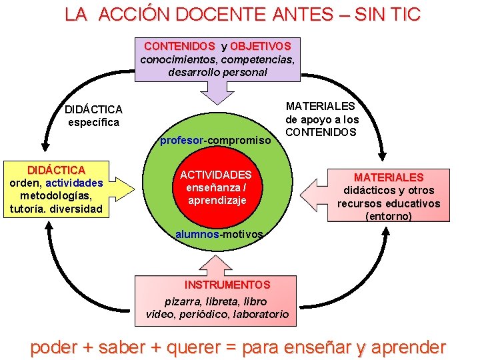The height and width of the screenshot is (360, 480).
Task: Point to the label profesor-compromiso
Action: point(215,140)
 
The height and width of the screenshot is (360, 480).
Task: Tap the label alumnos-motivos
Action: point(219,234)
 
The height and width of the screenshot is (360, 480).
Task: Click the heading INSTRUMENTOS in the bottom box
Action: point(227,285)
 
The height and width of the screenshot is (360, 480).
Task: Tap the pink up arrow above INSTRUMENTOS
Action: point(215,264)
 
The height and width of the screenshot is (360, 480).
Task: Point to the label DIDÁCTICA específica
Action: point(93,115)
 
